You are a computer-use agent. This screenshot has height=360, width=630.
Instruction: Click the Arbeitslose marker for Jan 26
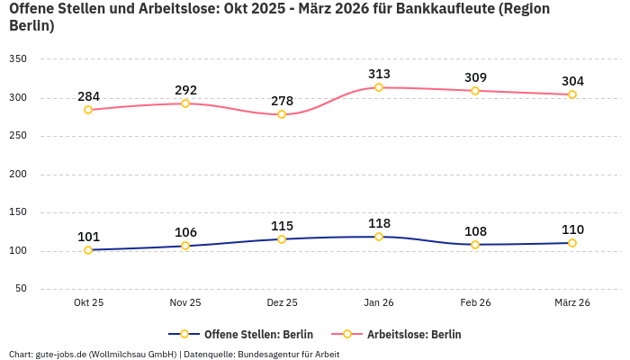tap(379, 87)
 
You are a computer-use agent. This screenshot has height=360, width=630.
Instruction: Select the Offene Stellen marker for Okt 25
tap(88, 250)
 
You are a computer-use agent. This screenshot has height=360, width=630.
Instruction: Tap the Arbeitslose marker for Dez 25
tap(282, 114)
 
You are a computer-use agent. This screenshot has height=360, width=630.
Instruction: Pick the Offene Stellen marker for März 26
tap(572, 243)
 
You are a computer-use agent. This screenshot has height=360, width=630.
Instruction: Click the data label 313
tap(379, 74)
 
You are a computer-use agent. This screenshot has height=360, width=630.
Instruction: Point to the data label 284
tap(88, 96)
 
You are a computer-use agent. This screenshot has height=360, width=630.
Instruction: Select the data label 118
tap(379, 223)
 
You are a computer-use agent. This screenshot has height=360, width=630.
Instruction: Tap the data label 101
tap(88, 237)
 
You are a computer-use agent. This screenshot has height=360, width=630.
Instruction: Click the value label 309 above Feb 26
tap(475, 77)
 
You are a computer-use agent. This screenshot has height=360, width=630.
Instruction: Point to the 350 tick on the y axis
tap(18, 59)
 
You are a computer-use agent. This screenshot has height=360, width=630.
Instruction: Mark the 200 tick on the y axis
tap(18, 174)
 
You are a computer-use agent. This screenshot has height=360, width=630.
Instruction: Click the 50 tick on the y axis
tap(21, 289)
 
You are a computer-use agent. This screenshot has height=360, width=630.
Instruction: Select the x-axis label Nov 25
tap(185, 302)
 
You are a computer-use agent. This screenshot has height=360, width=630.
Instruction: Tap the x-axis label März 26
tap(572, 302)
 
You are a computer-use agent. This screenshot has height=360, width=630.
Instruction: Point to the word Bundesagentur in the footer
tap(268, 354)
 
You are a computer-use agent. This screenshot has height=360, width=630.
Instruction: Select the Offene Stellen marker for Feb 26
tap(475, 245)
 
